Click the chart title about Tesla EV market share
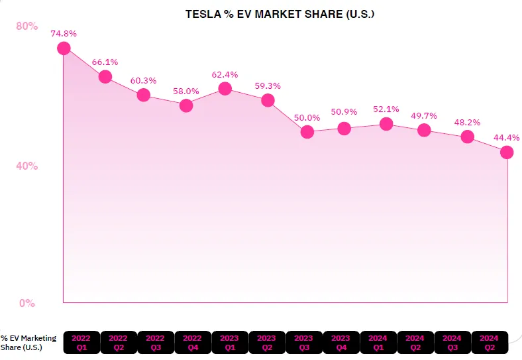coord(280,13)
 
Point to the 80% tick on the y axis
coord(27,27)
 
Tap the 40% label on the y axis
coord(27,166)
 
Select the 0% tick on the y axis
coord(27,303)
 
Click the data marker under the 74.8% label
coord(64,48)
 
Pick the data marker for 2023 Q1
coord(225,88)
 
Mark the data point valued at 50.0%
coord(307,132)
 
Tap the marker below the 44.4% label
coord(507,152)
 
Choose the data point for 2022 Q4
coord(186,105)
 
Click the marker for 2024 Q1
coord(386,124)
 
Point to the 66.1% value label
coord(105,62)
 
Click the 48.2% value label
coord(468,123)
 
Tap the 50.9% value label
coord(344,111)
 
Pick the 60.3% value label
coord(143,81)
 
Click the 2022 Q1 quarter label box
coord(81,342)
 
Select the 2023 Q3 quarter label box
coord(304,342)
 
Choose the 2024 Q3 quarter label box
coord(452,342)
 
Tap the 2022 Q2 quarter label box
coord(119,342)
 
